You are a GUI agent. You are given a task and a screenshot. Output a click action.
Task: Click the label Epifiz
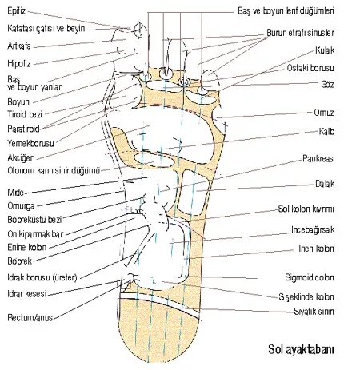(x=17, y=11)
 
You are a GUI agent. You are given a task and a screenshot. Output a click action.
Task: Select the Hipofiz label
(x=19, y=64)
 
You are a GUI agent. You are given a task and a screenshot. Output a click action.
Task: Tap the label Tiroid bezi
(x=25, y=114)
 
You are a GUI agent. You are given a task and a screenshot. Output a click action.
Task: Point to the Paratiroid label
(x=23, y=129)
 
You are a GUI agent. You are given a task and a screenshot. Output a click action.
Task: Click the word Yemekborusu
(x=30, y=144)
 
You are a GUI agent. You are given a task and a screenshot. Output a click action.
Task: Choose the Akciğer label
(x=20, y=158)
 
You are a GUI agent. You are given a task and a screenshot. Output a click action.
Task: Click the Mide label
(x=15, y=192)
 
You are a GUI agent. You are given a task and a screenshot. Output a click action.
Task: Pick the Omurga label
(x=21, y=206)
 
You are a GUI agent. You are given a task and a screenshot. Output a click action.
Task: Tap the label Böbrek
(x=20, y=261)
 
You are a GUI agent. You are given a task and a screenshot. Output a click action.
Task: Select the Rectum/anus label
(x=30, y=317)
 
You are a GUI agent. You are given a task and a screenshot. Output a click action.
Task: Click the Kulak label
(x=325, y=50)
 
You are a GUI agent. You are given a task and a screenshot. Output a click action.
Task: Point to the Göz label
(x=327, y=84)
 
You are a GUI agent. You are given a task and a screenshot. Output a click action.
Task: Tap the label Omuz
(x=324, y=113)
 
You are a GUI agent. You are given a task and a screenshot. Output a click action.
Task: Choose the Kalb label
(x=326, y=131)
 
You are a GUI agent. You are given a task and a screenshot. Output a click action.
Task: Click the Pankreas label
(x=318, y=159)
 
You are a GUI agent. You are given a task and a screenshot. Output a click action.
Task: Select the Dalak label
(x=325, y=184)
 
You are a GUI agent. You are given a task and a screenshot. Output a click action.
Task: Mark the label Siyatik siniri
(x=314, y=311)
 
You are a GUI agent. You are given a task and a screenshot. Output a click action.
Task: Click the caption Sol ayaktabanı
(x=301, y=349)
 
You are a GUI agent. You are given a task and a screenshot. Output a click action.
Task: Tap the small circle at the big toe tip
(x=139, y=29)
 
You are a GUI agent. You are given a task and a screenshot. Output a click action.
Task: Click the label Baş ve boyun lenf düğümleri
(x=286, y=11)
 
